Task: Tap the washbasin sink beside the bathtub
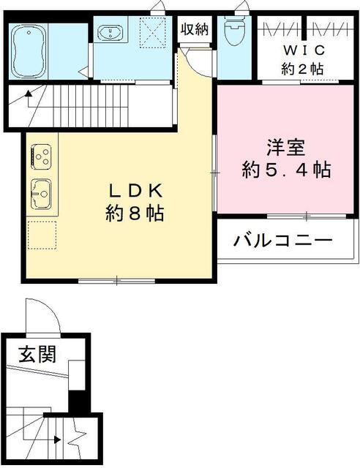110,32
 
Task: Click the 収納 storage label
195,29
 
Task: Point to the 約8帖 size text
134,214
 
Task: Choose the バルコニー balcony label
283,241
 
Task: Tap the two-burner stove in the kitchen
40,156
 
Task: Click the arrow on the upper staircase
29,94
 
